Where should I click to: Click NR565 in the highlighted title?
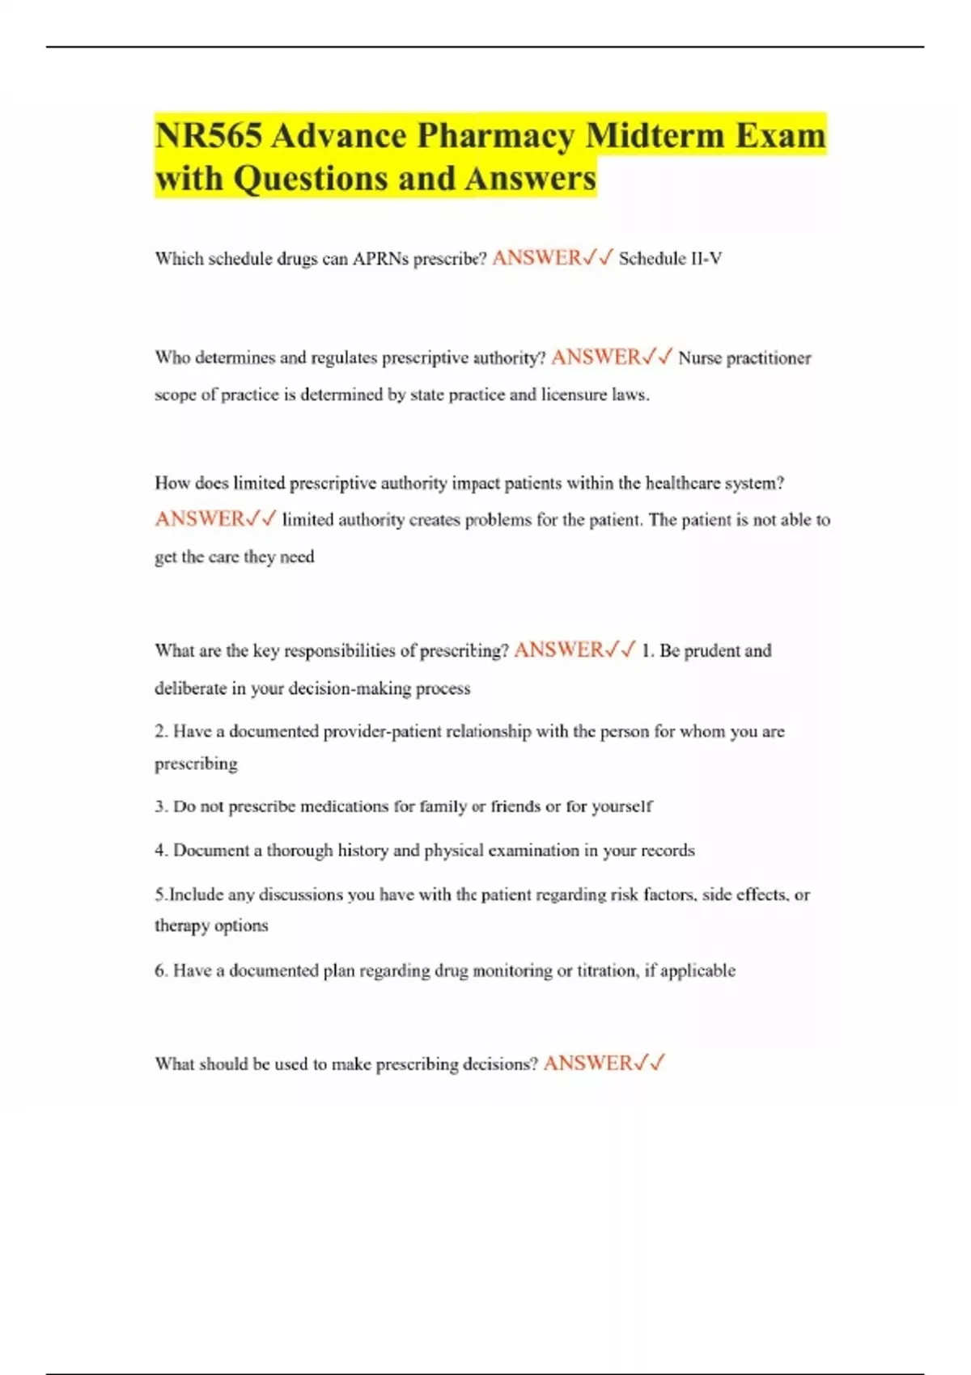point(208,135)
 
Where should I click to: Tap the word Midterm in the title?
point(656,135)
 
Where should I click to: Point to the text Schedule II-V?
point(670,259)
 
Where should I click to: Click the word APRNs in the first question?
point(381,259)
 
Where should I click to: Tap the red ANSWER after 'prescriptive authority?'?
point(596,357)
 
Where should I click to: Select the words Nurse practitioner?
point(744,357)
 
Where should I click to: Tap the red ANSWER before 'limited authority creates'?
point(200,519)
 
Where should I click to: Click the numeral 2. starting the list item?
point(161,731)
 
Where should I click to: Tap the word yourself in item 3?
point(622,806)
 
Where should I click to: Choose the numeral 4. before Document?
point(161,850)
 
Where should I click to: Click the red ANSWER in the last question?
point(588,1064)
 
